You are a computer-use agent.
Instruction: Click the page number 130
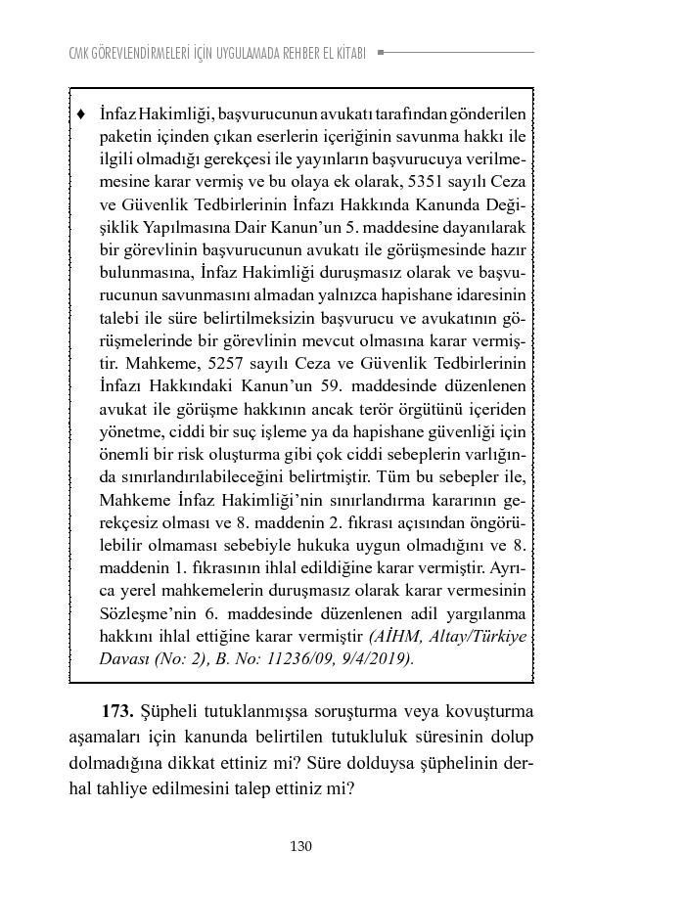300,846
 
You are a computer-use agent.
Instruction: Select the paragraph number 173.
118,709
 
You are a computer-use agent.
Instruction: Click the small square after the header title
381,52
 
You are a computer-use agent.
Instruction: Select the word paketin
123,136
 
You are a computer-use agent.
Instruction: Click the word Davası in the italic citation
125,658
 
